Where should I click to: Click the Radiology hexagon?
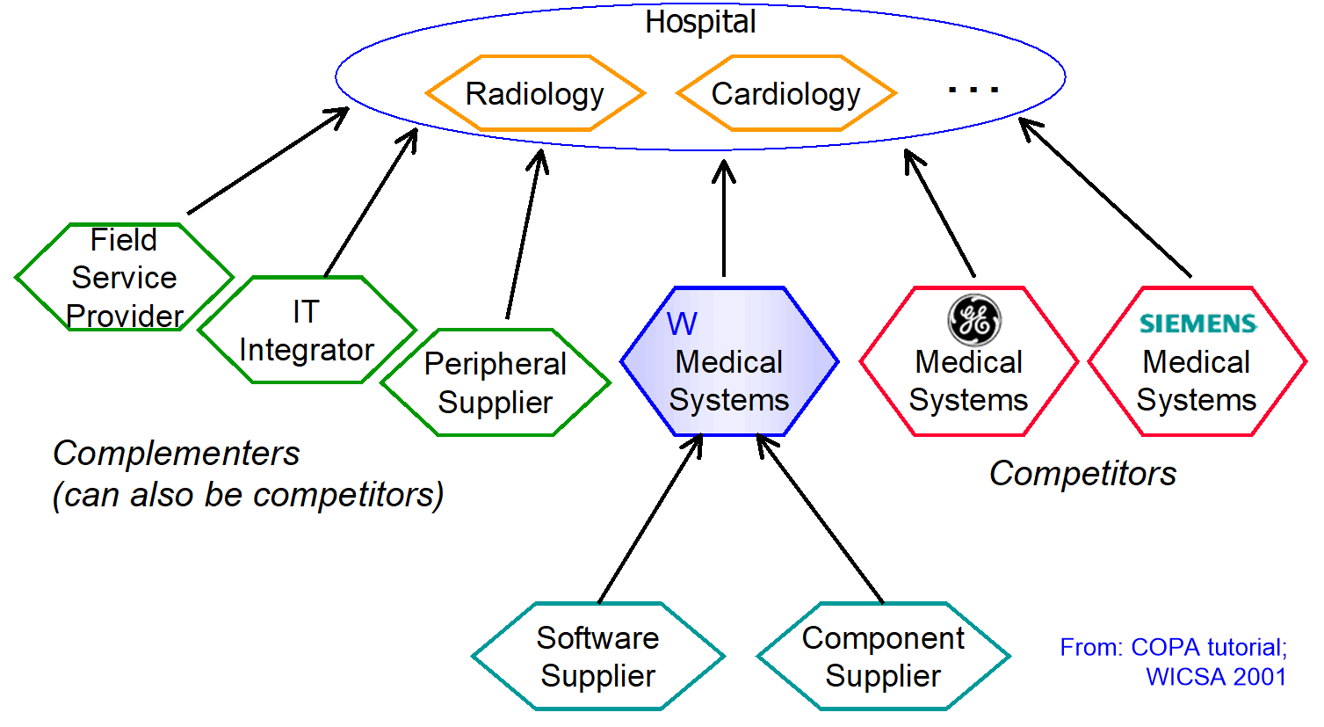[536, 93]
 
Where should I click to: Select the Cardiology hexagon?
[786, 93]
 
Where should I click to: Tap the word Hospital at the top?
[700, 23]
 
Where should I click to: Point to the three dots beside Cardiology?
[973, 90]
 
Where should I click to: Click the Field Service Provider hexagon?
[124, 277]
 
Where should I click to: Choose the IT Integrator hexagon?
[307, 330]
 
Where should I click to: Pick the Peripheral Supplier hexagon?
[496, 382]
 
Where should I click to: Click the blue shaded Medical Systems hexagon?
[729, 361]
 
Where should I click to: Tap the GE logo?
[974, 319]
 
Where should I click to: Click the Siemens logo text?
[1198, 324]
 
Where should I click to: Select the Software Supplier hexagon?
[598, 656]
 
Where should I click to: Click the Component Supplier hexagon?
[884, 656]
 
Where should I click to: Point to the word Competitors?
[1083, 473]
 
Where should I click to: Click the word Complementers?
[176, 454]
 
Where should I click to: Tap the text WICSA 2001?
[1216, 677]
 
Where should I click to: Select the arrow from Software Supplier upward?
[650, 518]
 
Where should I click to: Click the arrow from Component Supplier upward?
[820, 518]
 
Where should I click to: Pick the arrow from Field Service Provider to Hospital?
[268, 160]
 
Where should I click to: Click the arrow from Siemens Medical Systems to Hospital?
[1104, 198]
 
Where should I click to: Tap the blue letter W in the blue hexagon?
[682, 324]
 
